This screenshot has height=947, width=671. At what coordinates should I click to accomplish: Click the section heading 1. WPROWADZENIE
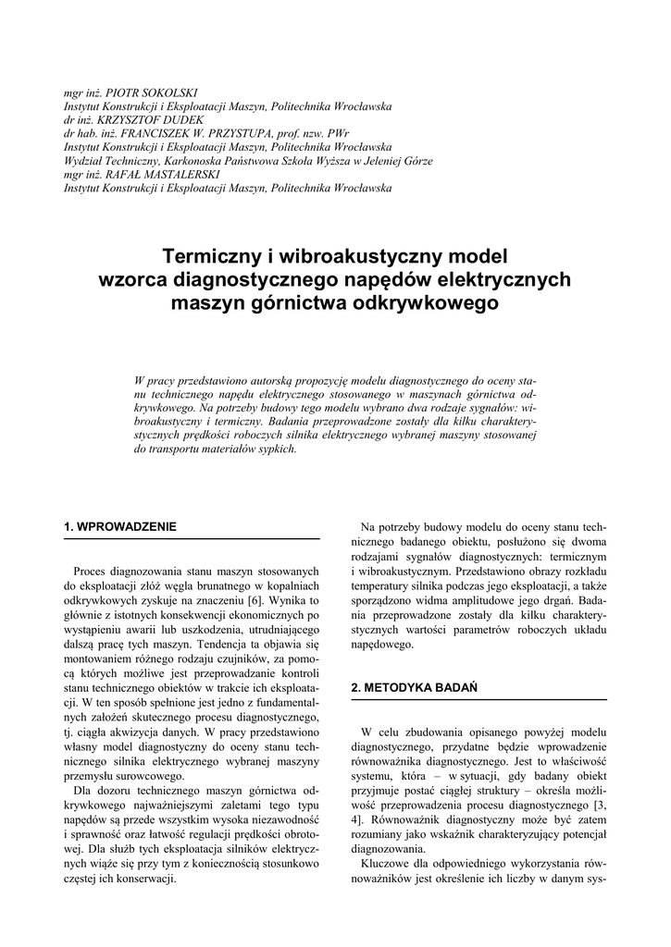coord(119,527)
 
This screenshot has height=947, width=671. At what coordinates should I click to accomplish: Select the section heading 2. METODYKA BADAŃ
coord(414,688)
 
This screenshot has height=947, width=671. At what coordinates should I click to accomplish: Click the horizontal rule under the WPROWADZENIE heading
coord(191,538)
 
